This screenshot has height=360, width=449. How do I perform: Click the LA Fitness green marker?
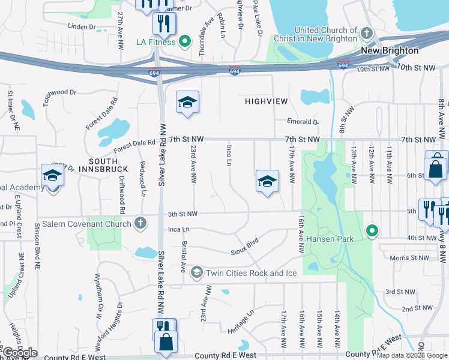tap(185, 42)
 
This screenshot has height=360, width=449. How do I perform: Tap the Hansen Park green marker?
tap(372, 230)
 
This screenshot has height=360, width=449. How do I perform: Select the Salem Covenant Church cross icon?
tap(140, 224)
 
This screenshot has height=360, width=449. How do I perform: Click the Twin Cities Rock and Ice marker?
tap(196, 273)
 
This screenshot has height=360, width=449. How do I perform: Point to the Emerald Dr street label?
tap(303, 122)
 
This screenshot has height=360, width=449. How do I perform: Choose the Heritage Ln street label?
tap(241, 322)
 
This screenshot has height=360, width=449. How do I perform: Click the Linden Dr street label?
tap(82, 27)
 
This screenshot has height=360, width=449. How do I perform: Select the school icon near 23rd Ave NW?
tap(187, 103)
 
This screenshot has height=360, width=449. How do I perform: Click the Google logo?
tap(19, 353)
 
